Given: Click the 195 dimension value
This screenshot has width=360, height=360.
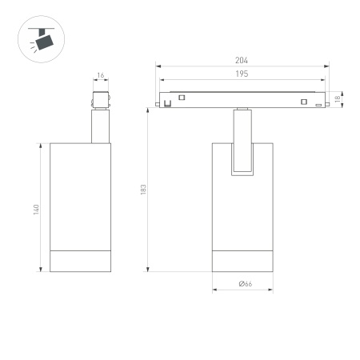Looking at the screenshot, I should coord(242,74).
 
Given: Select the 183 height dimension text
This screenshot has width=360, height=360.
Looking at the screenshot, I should coord(143,189).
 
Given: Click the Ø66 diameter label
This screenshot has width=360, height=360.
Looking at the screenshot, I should coord(244,284).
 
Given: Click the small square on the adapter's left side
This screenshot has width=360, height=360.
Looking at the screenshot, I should coord(182,98).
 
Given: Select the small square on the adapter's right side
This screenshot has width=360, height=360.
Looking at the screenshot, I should coord(303,101).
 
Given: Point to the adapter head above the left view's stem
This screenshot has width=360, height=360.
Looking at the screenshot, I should coord(100,102).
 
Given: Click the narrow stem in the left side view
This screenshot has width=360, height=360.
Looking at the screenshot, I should coord(100,128).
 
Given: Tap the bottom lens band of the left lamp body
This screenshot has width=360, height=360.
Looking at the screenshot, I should coord(79,261).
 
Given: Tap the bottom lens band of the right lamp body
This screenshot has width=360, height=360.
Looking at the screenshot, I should coord(244,261).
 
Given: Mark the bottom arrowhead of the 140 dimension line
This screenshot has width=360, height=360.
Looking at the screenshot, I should coord(42,270).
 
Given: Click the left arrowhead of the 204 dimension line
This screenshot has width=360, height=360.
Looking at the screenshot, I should coord(158,66).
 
